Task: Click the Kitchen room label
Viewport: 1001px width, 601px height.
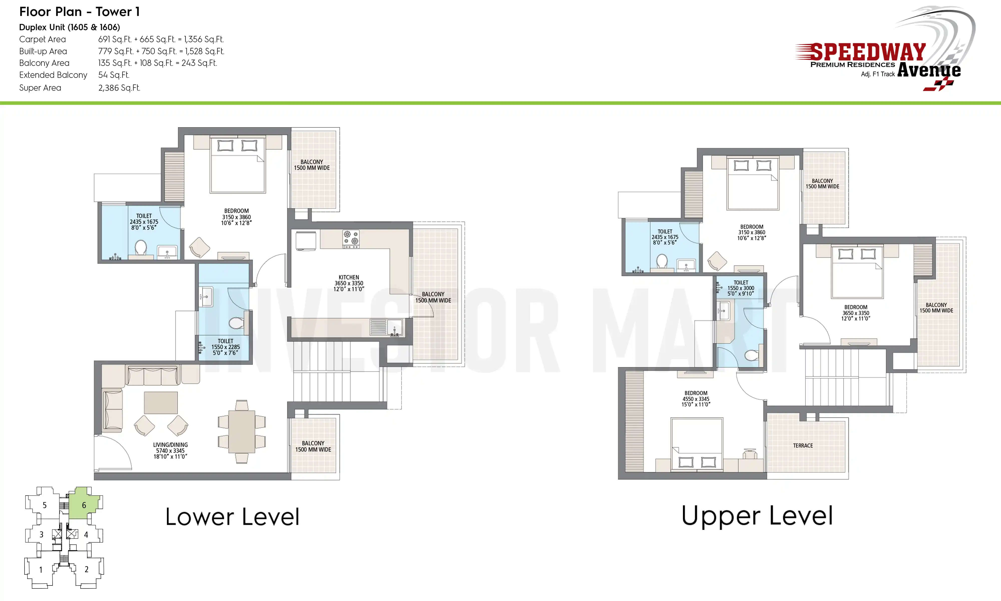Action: point(349,283)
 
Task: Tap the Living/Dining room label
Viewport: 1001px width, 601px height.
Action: point(170,450)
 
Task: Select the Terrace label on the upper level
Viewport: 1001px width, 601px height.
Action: point(803,445)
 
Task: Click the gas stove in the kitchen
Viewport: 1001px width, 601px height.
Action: point(351,239)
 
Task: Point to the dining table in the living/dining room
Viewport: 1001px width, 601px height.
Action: point(241,432)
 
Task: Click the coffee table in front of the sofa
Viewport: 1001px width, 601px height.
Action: point(161,403)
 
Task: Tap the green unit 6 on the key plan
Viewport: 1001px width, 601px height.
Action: point(84,503)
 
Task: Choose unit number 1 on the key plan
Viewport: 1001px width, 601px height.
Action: point(41,570)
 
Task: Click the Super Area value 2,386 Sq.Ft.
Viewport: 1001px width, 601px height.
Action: point(119,88)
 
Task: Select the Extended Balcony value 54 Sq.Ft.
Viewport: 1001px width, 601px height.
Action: point(114,75)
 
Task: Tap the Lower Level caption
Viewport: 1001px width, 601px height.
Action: point(232,517)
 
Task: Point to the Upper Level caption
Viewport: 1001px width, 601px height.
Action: point(757,516)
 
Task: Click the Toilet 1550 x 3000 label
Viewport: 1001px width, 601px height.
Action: point(741,288)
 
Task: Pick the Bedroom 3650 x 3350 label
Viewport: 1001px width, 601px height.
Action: point(856,313)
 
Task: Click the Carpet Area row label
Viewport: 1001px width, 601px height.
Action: point(43,39)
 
